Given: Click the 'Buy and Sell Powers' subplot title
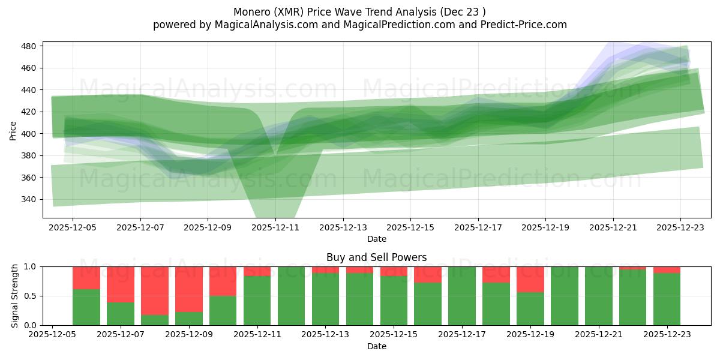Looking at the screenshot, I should [x=376, y=257].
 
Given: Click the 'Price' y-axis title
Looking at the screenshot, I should [x=13, y=130].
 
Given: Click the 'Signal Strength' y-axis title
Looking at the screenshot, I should [x=14, y=296].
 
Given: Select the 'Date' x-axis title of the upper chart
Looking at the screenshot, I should [x=376, y=239].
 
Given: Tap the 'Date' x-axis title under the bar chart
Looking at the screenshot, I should [x=376, y=346].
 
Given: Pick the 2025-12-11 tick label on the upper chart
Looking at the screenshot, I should [x=275, y=228].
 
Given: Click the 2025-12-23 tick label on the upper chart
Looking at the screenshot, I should [x=680, y=228].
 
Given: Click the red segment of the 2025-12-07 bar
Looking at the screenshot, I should [x=121, y=284].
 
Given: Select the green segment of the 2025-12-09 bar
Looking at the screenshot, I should [x=189, y=318].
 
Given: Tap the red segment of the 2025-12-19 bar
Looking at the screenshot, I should [x=530, y=279].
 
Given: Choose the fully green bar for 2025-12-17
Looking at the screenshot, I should [x=462, y=296].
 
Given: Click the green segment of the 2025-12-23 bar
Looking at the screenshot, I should [x=667, y=299].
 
